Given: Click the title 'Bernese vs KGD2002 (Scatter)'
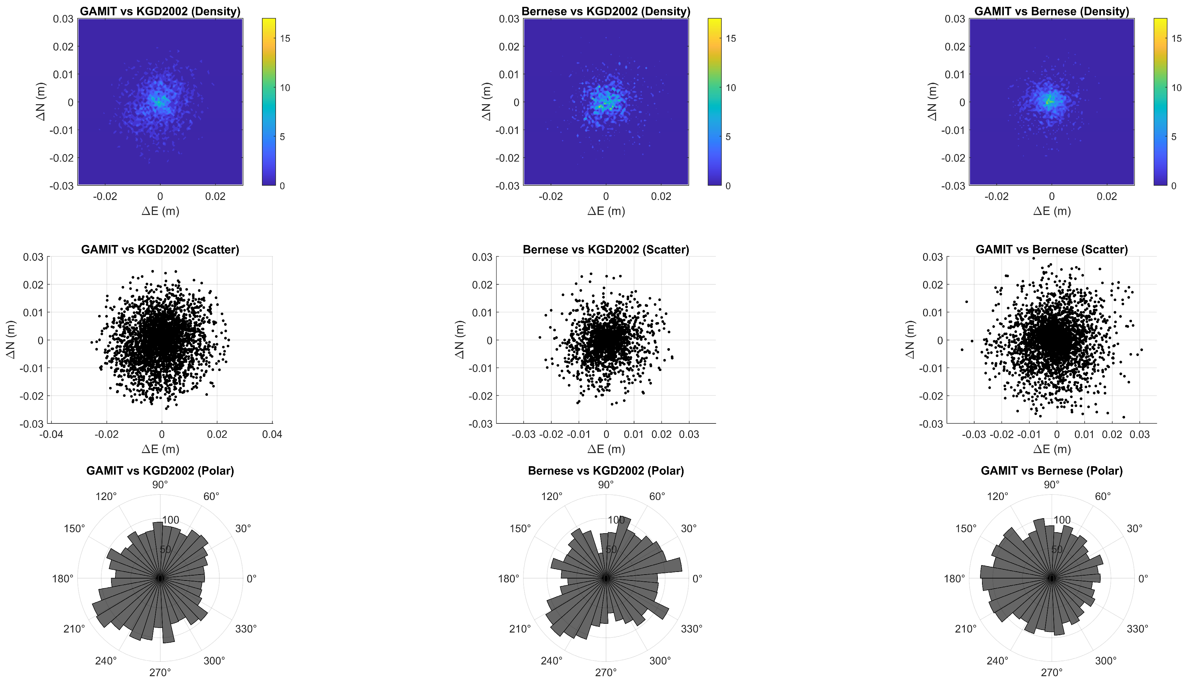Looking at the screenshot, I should (x=606, y=250).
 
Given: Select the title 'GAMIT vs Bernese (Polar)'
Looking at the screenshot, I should (x=1051, y=470).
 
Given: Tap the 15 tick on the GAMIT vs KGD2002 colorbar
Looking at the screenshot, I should (x=285, y=38).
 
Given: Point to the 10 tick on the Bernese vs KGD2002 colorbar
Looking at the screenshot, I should (x=731, y=88).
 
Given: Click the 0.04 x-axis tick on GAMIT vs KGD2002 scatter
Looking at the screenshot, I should (x=272, y=434).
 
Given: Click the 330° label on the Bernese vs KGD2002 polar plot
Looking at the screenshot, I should (x=692, y=629).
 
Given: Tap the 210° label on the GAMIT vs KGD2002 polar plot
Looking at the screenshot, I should (x=74, y=629).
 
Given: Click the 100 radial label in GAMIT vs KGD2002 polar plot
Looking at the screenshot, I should (x=170, y=520).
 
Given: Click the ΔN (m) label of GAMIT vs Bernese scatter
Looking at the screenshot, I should (x=910, y=340).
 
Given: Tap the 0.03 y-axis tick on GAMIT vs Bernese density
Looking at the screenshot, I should (x=955, y=19).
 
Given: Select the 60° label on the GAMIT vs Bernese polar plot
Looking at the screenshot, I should (x=1103, y=496).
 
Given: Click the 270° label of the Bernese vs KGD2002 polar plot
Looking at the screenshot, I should (x=606, y=672).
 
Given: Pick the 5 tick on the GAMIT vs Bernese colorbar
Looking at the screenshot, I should (x=1173, y=137).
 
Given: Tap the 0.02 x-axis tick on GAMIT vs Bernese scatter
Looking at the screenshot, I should (x=1112, y=434).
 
